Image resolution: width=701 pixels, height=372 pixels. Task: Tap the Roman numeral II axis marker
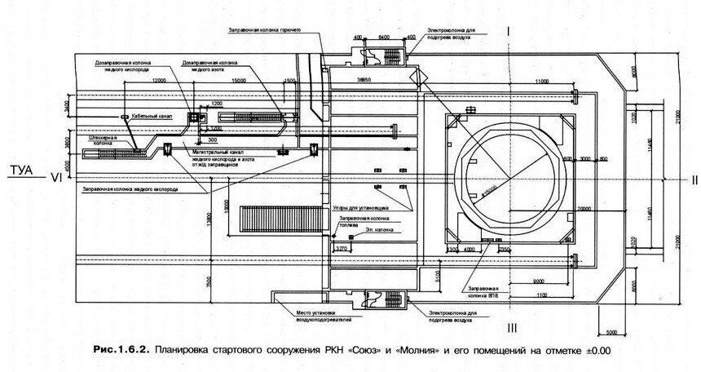click(x=692, y=179)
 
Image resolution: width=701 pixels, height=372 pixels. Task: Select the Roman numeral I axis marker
click(x=509, y=32)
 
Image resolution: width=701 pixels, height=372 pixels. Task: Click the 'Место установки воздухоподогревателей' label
click(x=311, y=315)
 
